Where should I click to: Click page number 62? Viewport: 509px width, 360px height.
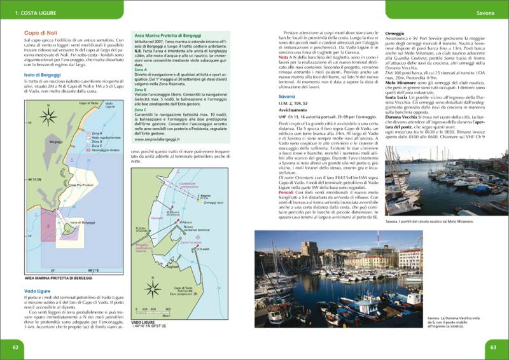pyautogui.click(x=15, y=347)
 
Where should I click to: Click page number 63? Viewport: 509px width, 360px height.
pyautogui.click(x=493, y=347)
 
